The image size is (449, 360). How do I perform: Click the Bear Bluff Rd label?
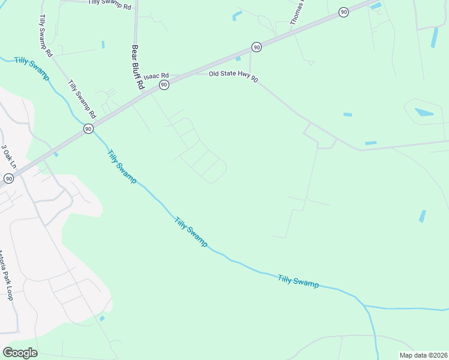coord(137,67)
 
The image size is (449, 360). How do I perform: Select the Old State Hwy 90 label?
coord(234,76)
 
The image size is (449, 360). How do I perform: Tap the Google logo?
coord(20,352)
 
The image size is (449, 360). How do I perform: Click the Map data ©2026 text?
coord(423,355)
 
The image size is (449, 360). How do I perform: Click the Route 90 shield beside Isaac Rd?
coord(164,85)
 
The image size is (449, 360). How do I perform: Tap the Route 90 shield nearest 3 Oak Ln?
coord(8,178)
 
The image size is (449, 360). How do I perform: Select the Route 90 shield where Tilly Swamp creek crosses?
coord(88,128)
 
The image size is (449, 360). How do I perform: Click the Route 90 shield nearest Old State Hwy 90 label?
coord(256,47)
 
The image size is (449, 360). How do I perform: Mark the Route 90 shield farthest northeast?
coord(343,12)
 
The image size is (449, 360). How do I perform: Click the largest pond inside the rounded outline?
coord(424,112)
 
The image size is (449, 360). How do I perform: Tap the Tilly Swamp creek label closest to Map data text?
coord(298,280)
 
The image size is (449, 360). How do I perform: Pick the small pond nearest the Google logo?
coord(102,318)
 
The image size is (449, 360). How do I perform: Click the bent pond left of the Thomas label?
coord(237,15)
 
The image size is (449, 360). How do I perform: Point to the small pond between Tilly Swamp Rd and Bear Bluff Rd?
coord(103,44)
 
